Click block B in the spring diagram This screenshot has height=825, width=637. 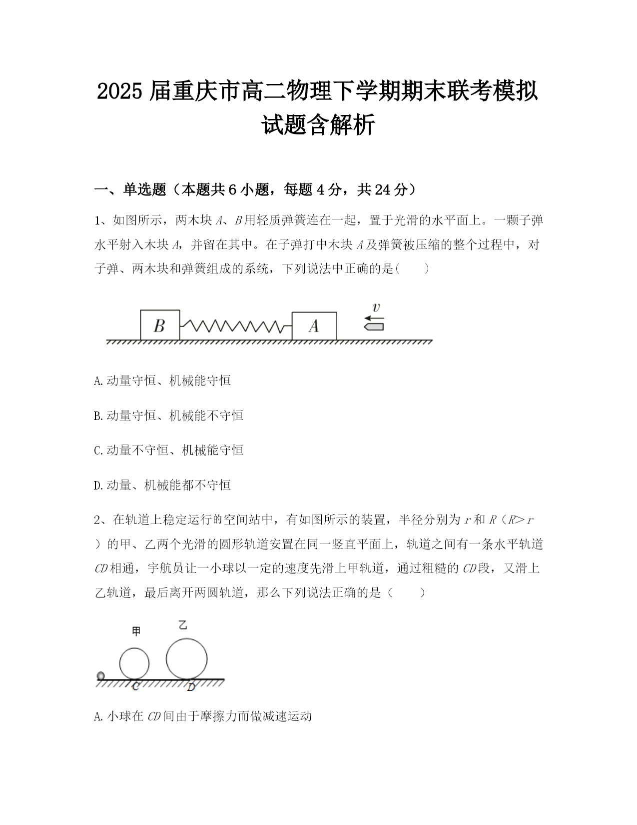(x=159, y=325)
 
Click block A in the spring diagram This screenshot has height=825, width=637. (x=314, y=326)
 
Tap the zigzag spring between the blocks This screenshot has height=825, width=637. (x=235, y=326)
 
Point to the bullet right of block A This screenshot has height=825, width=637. (x=374, y=326)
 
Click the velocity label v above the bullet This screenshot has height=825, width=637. (x=376, y=307)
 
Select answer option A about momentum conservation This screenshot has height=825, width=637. (x=162, y=380)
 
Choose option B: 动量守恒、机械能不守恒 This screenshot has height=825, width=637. (x=168, y=415)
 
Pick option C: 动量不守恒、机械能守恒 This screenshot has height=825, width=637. (x=168, y=450)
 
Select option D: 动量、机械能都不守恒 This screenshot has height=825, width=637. (x=162, y=485)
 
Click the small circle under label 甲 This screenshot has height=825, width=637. (x=134, y=663)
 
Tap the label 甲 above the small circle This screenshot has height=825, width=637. (x=136, y=631)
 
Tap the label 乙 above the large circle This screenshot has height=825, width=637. (x=183, y=625)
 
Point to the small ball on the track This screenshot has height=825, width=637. (x=100, y=676)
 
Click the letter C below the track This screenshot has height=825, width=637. (x=135, y=686)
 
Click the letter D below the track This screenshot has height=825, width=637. (x=191, y=687)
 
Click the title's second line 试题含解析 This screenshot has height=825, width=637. (x=318, y=125)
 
